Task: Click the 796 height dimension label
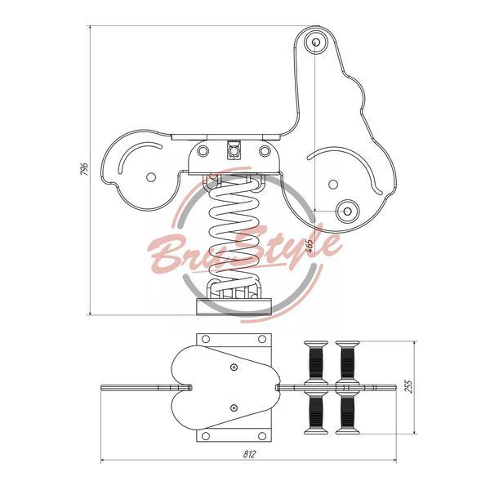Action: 85,169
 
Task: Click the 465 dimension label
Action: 309,246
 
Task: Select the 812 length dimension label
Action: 249,454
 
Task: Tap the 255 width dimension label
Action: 409,386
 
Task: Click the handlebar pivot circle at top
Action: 316,42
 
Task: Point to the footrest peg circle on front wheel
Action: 347,212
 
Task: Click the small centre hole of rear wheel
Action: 151,177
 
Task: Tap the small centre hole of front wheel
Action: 333,184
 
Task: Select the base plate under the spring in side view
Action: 234,307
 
